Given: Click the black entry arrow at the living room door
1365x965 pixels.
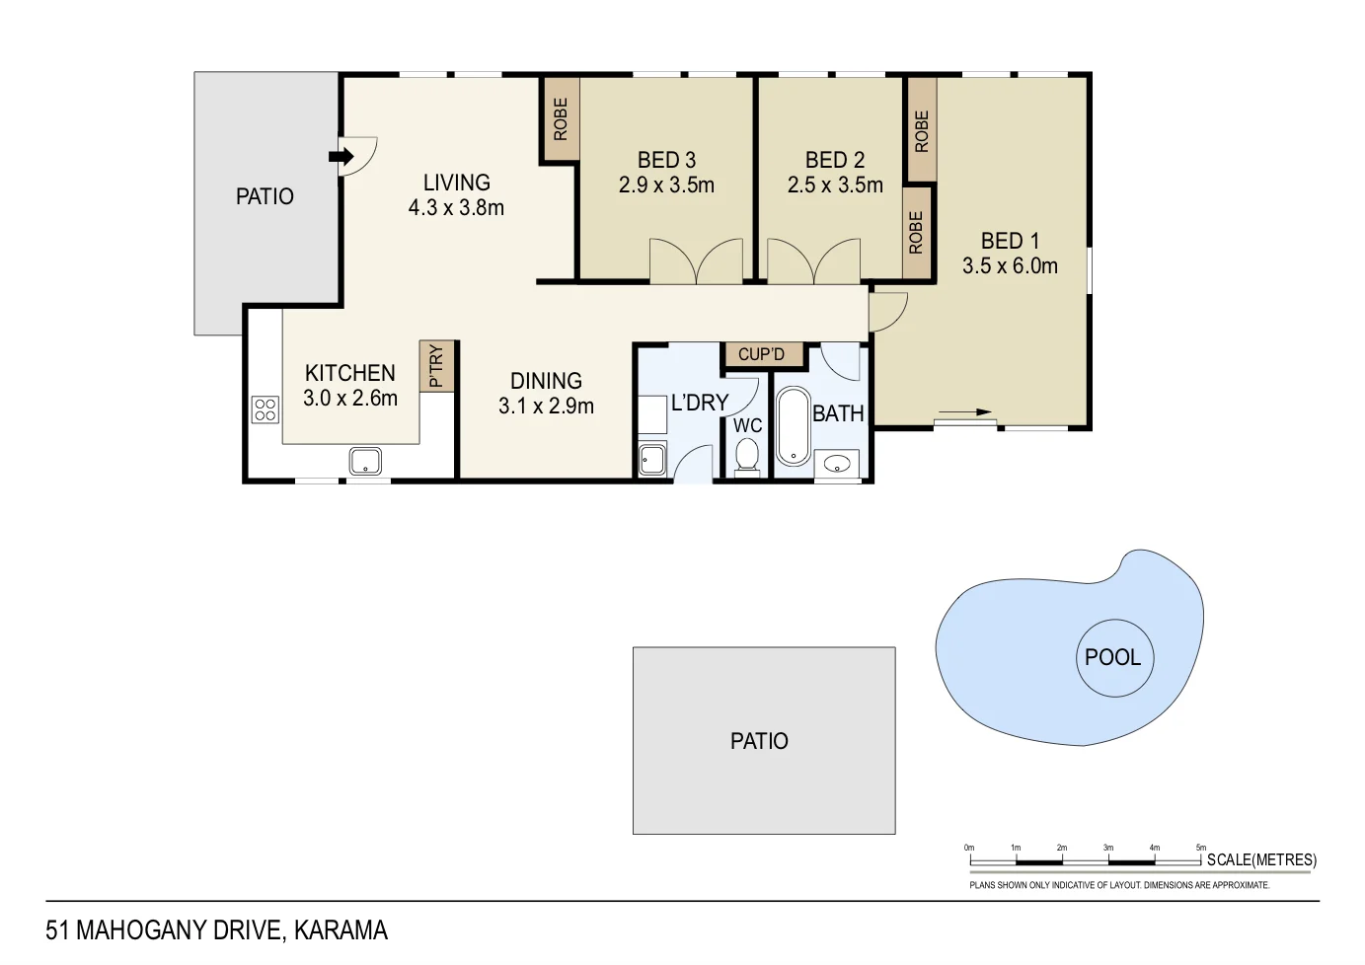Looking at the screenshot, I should point(341,156).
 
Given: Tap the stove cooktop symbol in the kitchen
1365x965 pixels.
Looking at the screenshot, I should point(265,409).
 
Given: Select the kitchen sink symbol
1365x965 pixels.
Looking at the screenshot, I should point(365,461).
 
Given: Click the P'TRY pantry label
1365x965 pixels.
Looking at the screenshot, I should point(436,366).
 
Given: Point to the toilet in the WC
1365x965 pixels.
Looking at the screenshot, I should point(747,457).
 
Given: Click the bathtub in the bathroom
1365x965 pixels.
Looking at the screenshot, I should point(793,426).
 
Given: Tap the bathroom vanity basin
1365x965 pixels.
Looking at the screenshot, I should point(837,463).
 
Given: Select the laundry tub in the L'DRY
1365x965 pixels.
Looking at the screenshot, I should point(652,460).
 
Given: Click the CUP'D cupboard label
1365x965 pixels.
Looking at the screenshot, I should point(761,354).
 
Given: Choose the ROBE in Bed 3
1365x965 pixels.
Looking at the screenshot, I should point(561,119).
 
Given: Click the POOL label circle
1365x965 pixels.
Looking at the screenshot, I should point(1113,657).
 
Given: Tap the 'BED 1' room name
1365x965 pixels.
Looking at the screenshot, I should point(1010,241).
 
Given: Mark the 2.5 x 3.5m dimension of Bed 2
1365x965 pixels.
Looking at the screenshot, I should point(835,185).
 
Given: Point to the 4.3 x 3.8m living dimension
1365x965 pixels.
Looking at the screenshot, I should point(456,208).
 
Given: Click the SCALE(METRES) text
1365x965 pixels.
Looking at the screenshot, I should point(1261,859).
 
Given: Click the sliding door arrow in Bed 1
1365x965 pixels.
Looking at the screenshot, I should point(965,412).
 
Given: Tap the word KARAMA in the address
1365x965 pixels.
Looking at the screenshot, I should point(341,930).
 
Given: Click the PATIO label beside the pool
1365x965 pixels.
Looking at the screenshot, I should point(759,741).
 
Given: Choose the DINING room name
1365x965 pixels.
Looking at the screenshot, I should point(546,381).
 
